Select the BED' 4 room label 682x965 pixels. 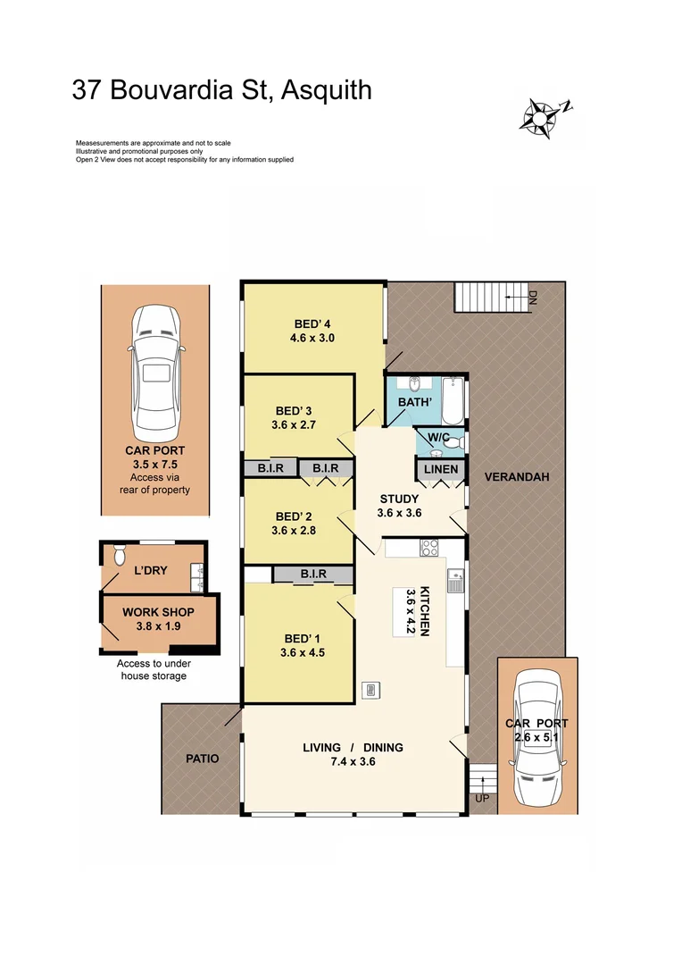[312, 323]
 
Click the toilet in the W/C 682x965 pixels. [452, 441]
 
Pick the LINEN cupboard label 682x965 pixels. [441, 469]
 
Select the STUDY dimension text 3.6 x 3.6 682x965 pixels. [400, 513]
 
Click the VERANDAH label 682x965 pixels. [517, 477]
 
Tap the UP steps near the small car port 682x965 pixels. [482, 778]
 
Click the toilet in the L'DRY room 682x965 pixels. [120, 554]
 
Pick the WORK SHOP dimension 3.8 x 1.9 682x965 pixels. [158, 626]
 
